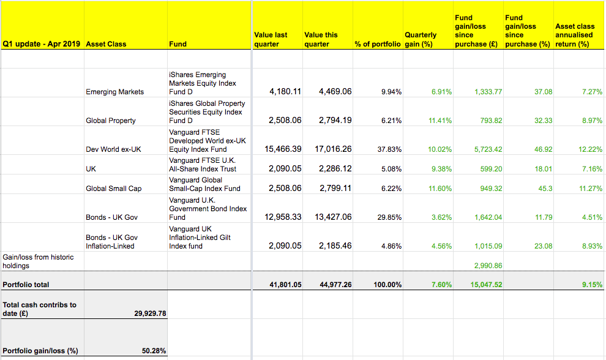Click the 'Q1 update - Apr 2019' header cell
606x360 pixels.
(x=42, y=44)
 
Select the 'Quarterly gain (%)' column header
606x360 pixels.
(x=421, y=39)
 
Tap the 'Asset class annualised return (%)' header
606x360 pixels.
(x=574, y=35)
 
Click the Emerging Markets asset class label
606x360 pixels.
(x=114, y=92)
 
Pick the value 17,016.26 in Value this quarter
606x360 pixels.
(x=335, y=149)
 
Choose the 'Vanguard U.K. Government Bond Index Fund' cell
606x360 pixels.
(x=208, y=209)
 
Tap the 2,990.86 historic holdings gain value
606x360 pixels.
(x=488, y=266)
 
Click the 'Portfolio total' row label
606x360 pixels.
(x=26, y=285)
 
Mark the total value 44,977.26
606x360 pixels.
(x=335, y=285)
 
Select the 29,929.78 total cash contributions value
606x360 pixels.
(x=150, y=313)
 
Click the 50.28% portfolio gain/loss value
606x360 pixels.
(x=154, y=351)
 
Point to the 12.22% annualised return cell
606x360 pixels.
(x=590, y=149)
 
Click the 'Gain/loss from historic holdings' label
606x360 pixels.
(x=38, y=261)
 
